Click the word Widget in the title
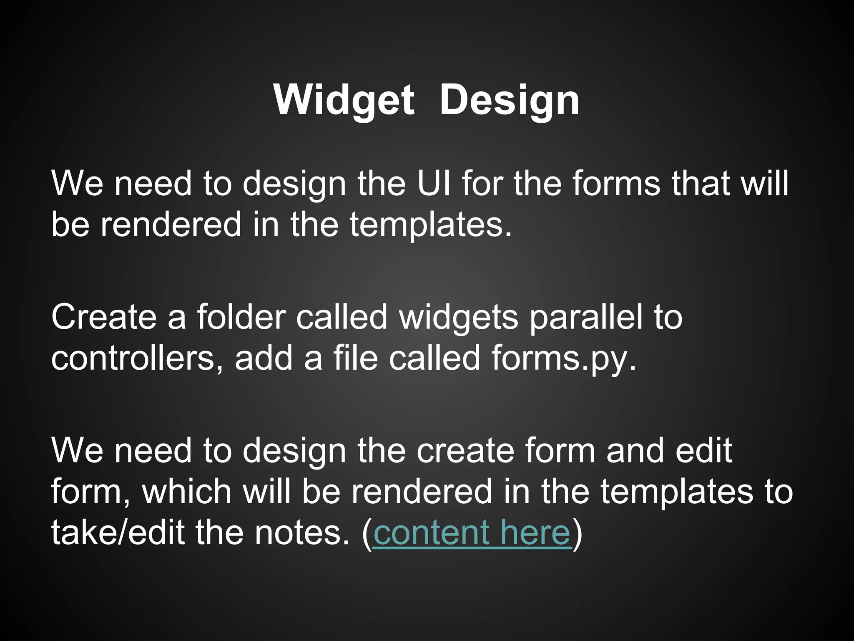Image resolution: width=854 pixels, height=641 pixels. click(344, 100)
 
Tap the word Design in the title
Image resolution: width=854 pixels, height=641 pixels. click(509, 100)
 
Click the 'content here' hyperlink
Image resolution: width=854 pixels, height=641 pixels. click(472, 532)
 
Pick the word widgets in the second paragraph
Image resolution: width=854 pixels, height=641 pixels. click(458, 317)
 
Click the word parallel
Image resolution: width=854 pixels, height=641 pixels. click(586, 317)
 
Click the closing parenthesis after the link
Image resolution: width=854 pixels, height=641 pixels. click(577, 533)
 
